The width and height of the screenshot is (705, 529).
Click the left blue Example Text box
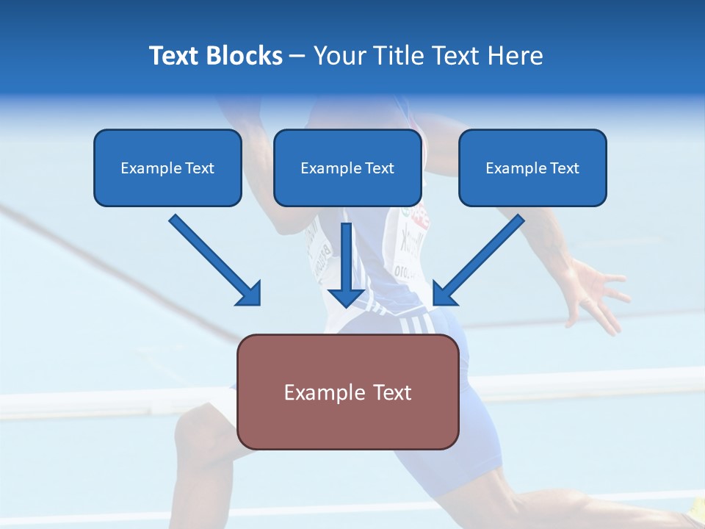pos(167,168)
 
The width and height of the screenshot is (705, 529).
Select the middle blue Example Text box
pos(347,168)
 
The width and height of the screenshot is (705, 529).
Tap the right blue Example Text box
pos(532,168)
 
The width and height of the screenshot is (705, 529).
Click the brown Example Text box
pos(347,392)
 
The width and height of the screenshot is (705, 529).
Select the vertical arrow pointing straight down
pos(346,264)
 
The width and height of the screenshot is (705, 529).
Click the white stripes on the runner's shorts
pos(416,323)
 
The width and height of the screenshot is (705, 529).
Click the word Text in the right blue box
pos(564,168)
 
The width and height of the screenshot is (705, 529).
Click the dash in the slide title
pos(297,56)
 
